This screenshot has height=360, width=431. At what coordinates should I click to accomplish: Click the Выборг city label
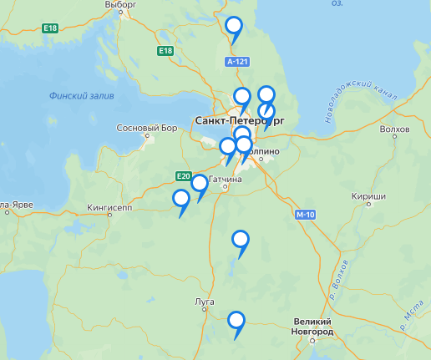(x=121, y=4)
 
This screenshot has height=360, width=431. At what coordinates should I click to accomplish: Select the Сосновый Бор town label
(x=148, y=129)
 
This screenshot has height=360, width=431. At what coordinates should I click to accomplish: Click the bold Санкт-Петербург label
(x=238, y=121)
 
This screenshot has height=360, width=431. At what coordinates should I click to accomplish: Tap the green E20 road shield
(x=184, y=175)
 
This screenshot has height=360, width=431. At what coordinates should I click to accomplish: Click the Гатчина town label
(x=226, y=180)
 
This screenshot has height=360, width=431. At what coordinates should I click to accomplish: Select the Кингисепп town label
(x=109, y=207)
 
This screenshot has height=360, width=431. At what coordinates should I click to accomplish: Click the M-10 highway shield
(x=304, y=215)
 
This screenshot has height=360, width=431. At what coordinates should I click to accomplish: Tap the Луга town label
(x=204, y=301)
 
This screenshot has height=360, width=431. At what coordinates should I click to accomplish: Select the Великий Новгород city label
(x=313, y=327)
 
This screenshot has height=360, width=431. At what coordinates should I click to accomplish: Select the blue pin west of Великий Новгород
(x=236, y=320)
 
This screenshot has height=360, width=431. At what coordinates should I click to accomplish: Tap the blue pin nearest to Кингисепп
(x=181, y=199)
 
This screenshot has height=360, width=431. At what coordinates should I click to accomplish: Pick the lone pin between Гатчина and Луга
(x=241, y=240)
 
